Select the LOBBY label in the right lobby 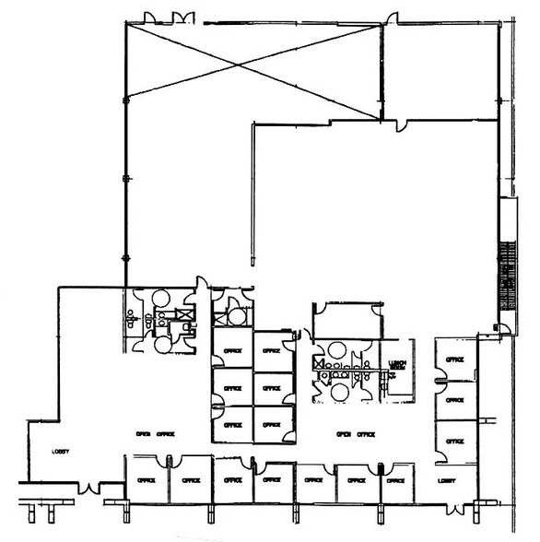click(x=448, y=480)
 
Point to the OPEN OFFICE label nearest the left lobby click(x=155, y=433)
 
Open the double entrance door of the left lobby click(x=88, y=486)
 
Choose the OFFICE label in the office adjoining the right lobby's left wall click(x=395, y=480)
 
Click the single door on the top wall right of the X click(x=393, y=18)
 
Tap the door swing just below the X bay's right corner click(x=398, y=123)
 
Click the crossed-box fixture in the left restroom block click(x=187, y=315)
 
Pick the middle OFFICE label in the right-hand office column click(x=454, y=401)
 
